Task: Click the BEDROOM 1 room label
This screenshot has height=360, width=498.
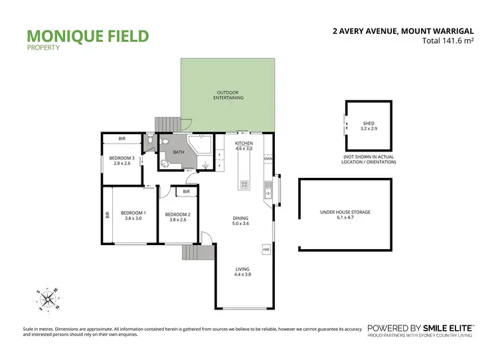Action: pos(133,213)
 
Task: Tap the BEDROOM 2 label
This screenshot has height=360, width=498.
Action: pos(178,214)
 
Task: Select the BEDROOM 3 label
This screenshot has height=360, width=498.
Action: pos(122,157)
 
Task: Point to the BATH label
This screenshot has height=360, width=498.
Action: pos(178,152)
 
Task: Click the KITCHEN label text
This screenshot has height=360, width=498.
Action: pos(244,143)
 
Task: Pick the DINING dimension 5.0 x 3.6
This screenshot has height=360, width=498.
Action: pos(240,224)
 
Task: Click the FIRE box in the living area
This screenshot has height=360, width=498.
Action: pos(267,250)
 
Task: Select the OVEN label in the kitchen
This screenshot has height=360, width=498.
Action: pos(268,159)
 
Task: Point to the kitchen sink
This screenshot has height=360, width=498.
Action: pos(268,194)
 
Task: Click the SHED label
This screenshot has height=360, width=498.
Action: pos(369,123)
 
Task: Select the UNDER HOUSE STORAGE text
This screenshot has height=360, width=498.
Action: pos(345,212)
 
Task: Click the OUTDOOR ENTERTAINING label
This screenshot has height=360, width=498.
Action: pos(228,95)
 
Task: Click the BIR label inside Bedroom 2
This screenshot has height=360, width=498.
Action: pos(187,191)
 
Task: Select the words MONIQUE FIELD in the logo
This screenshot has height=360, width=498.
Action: pos(87,35)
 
